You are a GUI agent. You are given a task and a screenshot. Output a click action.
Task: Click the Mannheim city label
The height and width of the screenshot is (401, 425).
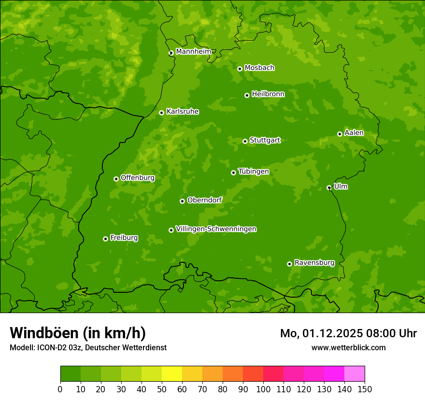tap(193, 51)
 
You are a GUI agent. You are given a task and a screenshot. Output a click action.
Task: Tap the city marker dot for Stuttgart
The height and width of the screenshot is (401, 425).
tap(245, 141)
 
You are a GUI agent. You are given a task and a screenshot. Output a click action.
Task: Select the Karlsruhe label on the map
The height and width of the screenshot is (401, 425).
tap(183, 112)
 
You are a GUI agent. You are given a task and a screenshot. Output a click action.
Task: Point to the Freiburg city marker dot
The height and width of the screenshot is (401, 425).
tap(105, 239)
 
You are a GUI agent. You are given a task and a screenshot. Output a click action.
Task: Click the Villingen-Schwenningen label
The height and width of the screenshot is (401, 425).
tap(216, 229)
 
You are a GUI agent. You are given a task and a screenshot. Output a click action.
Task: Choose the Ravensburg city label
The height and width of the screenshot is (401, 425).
tap(314, 263)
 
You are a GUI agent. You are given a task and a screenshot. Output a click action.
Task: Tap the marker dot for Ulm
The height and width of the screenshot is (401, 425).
tap(329, 187)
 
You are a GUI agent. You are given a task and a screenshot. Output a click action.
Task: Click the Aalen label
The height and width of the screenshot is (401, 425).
tap(354, 133)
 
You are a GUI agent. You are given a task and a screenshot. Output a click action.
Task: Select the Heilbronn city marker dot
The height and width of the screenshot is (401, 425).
tap(247, 95)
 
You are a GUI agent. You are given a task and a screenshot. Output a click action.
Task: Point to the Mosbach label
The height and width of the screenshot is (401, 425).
tap(259, 68)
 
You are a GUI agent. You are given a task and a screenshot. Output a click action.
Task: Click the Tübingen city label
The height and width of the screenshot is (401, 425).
tap(254, 172)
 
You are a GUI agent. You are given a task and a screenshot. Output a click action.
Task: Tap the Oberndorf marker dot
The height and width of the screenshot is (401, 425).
tap(182, 201)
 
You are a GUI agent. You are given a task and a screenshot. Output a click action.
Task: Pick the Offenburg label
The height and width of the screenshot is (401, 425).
tap(138, 178)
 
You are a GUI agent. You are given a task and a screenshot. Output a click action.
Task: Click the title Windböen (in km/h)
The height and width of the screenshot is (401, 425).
tap(78, 333)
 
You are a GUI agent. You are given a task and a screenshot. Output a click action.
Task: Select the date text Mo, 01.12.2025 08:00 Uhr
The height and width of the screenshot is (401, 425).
tap(348, 333)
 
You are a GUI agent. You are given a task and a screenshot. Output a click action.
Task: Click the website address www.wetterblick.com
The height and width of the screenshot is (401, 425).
tap(348, 347)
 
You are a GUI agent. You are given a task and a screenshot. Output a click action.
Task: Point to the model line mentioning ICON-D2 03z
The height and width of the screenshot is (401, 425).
tap(88, 347)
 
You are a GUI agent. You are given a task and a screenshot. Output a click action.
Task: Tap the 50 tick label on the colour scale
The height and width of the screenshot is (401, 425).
tap(162, 389)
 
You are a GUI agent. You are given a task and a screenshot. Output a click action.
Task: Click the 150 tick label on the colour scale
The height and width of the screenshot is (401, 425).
tap(365, 389)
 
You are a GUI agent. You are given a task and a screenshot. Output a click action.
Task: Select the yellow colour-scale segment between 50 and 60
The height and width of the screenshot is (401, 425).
tap(172, 373)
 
